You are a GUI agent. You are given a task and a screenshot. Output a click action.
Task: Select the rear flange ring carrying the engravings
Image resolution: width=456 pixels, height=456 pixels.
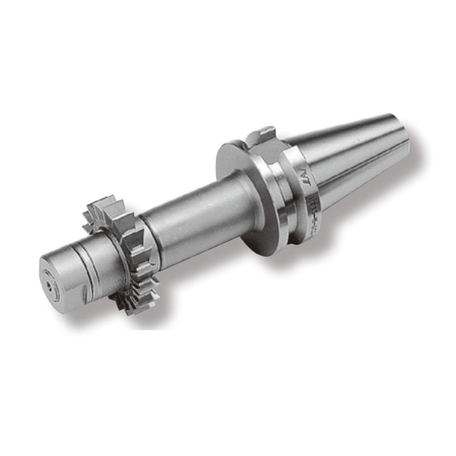pyautogui.click(x=302, y=194)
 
